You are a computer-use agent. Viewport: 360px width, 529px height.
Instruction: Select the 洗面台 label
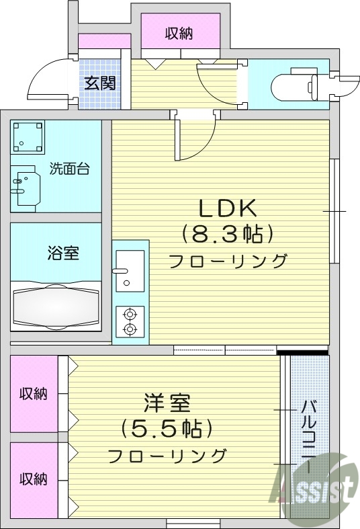[71, 169]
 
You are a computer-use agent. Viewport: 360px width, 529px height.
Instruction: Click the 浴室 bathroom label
[63, 253]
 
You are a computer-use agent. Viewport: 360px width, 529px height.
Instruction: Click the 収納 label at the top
[179, 33]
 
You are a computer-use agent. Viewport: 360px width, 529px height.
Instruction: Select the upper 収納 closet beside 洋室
[33, 394]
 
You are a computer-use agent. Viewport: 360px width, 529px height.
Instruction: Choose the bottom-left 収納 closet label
[33, 480]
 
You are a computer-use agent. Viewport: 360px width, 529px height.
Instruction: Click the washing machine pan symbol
[28, 137]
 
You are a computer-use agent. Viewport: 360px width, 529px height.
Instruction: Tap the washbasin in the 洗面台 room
[26, 186]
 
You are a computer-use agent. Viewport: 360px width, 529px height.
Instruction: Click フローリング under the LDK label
[228, 261]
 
